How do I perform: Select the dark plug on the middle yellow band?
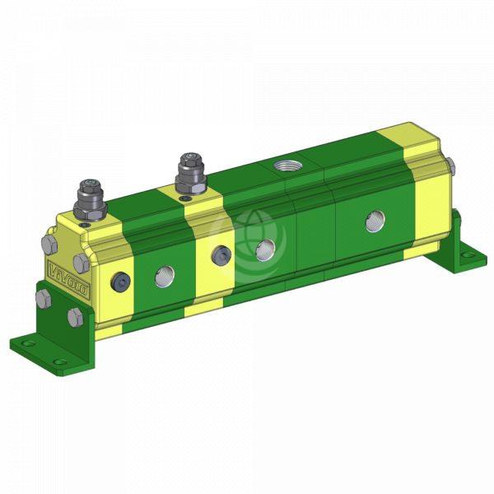pos(220,256)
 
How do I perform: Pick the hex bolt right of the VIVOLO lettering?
pos(80,263)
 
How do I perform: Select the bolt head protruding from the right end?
pos(454,165)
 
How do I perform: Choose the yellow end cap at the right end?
pos(432,198)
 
